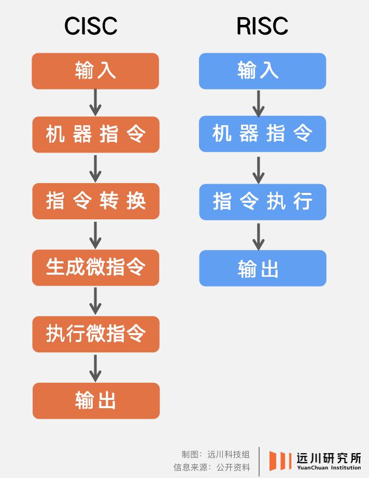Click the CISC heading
point(91,26)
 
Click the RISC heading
point(262,26)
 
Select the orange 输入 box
point(95,71)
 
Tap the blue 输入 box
point(262,71)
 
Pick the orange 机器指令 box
point(96,135)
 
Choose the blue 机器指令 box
point(262,134)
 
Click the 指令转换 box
point(96,201)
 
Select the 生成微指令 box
point(95,267)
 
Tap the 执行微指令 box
point(96,334)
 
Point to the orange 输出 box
point(96,401)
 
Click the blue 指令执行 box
point(263,202)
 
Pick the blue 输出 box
point(263,268)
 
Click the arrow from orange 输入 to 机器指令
point(95,103)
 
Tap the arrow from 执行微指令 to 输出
point(95,368)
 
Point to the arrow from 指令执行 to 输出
point(259,237)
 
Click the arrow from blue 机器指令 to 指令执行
point(259,170)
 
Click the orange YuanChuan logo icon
point(280,460)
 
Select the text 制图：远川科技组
point(216,454)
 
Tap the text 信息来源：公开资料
point(211,467)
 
